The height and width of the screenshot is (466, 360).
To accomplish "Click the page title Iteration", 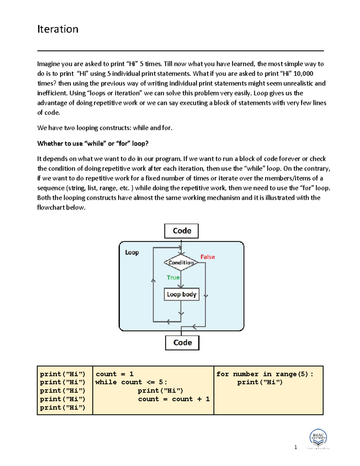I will [x=58, y=29].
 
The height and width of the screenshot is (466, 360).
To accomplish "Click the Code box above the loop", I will [x=181, y=231].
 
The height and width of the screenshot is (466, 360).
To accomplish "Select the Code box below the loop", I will [x=182, y=343].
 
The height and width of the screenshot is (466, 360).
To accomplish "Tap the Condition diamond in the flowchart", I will [x=181, y=263].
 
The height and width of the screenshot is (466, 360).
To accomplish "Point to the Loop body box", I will [x=181, y=294].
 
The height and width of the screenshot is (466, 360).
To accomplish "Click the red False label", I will [x=208, y=257].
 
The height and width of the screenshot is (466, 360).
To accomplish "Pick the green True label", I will [x=173, y=278].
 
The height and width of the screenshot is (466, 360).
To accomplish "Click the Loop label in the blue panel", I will [x=132, y=252].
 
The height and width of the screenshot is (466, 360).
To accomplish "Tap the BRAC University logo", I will [x=318, y=438].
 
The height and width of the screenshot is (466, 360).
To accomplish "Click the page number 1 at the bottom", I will [x=295, y=447].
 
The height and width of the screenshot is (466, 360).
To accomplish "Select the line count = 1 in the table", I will [x=114, y=374].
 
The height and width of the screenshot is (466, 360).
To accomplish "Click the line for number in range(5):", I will [x=265, y=374].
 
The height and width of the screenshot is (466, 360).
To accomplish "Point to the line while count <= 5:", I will [x=131, y=382].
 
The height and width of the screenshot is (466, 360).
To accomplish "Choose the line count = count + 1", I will [x=174, y=399].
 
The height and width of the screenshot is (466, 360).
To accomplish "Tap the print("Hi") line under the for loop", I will [x=260, y=382].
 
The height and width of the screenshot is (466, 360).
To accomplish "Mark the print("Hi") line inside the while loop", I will [x=160, y=391].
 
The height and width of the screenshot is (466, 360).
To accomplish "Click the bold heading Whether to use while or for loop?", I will [x=93, y=143].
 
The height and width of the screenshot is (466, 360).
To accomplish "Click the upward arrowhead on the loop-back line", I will [x=153, y=281].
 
